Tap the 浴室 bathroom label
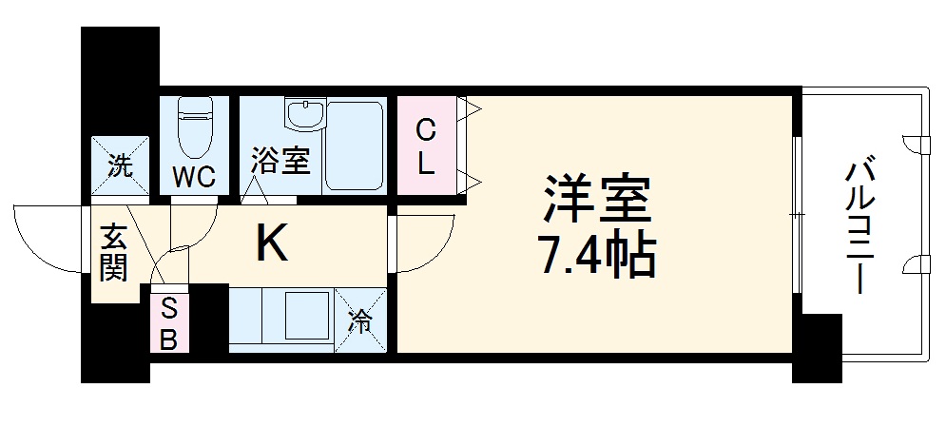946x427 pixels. (280, 161)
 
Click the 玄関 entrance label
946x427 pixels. (114, 253)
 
